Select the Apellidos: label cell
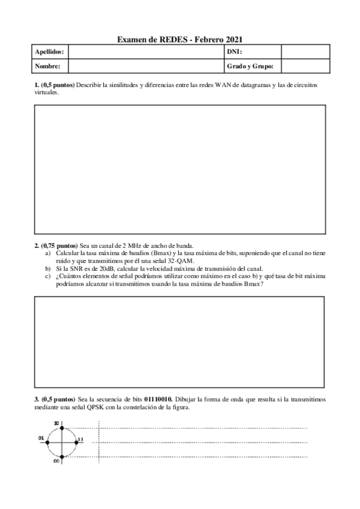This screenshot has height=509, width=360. [50, 52]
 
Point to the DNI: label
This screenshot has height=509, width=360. [235, 52]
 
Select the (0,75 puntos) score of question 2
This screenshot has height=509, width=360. [59, 246]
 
